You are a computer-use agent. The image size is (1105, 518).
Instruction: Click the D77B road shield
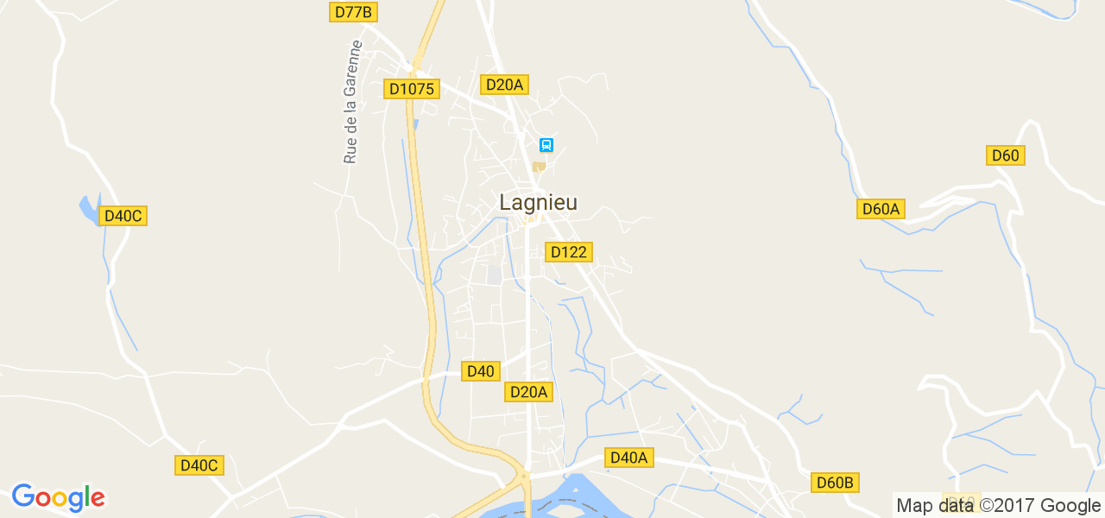tap(354, 12)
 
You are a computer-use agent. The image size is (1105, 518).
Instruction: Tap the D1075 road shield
tap(412, 89)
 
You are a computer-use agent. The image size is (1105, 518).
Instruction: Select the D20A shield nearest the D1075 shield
tap(504, 85)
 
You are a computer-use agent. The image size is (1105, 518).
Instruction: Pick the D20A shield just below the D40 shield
tap(528, 392)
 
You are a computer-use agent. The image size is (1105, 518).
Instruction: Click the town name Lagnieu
tap(538, 203)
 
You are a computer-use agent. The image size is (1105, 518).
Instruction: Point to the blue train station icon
tap(546, 145)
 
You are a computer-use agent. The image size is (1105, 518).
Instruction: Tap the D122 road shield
tap(568, 252)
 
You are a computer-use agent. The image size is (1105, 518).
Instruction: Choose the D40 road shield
tap(480, 371)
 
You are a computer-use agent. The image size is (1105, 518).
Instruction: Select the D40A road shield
tap(628, 458)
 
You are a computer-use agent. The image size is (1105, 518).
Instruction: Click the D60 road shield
tap(1005, 155)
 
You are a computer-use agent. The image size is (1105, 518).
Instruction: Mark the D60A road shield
tap(881, 209)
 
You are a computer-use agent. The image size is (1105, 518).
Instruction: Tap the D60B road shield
tap(835, 483)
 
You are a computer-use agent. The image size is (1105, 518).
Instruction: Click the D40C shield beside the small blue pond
tap(123, 216)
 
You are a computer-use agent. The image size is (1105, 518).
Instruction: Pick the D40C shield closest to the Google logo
tap(199, 465)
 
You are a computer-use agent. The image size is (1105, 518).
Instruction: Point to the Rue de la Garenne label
tap(351, 102)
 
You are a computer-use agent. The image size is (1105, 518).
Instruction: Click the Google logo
tap(58, 497)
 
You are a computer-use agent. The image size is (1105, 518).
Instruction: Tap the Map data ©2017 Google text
tap(998, 506)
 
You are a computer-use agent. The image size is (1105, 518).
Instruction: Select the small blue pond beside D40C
tap(88, 209)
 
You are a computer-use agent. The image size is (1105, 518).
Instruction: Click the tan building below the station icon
tap(539, 167)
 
